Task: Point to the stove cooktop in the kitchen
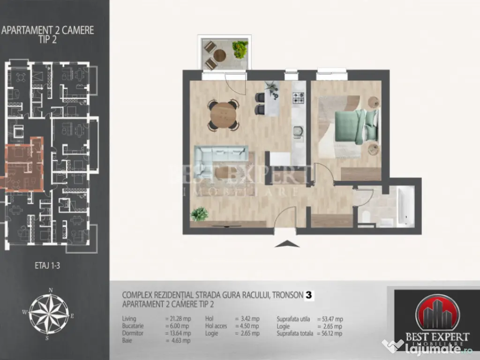pyautogui.click(x=299, y=98)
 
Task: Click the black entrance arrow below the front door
pyautogui.click(x=285, y=243)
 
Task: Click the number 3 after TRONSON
pyautogui.click(x=309, y=295)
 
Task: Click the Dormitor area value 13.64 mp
pyautogui.click(x=178, y=333)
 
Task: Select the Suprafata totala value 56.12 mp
pyautogui.click(x=330, y=333)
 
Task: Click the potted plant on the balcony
pyautogui.click(x=240, y=49)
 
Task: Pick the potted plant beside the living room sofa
pyautogui.click(x=199, y=214)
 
